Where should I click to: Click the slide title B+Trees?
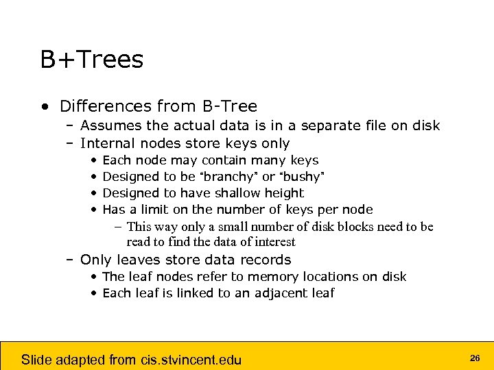92,60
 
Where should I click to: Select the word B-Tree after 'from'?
229,106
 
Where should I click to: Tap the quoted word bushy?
301,177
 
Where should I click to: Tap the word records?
266,260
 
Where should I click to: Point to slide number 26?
474,358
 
